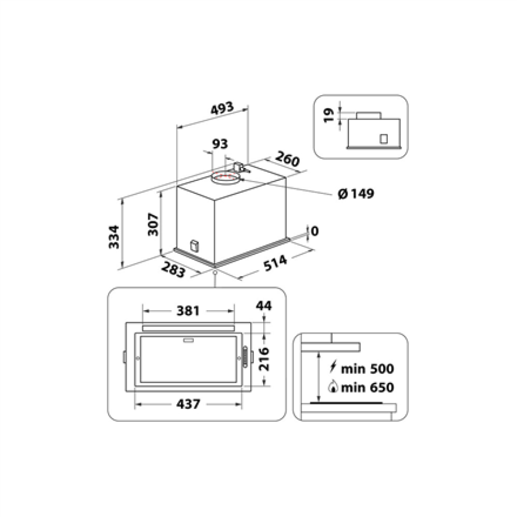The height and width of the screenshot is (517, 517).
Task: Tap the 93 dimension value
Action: click(220, 144)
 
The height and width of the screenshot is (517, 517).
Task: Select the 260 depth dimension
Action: click(287, 159)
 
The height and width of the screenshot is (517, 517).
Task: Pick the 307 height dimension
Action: click(153, 224)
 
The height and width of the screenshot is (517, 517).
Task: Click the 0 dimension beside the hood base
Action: click(314, 231)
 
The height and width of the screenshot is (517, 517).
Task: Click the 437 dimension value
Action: click(188, 404)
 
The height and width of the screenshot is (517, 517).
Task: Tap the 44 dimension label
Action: click(264, 306)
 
